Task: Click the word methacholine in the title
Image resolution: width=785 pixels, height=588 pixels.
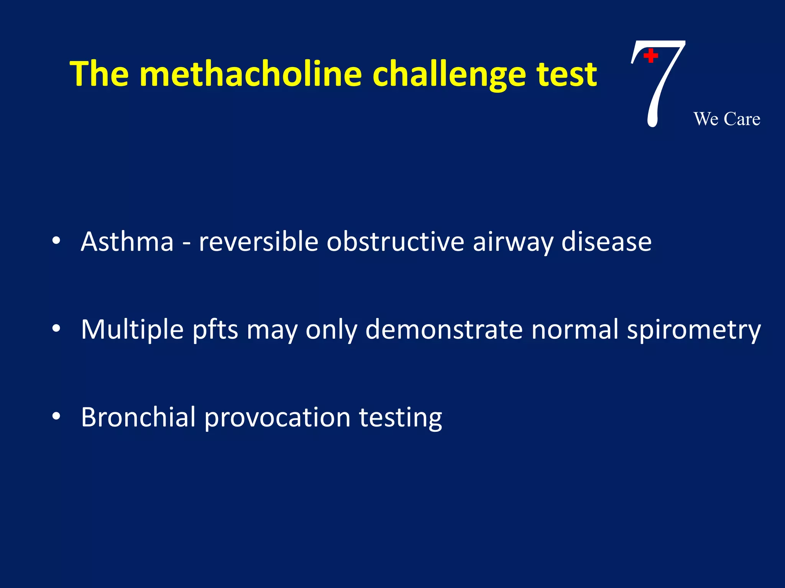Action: [x=251, y=73]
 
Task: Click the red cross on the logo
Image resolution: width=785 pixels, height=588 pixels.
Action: [x=650, y=56]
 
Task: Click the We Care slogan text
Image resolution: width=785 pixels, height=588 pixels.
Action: [x=727, y=119]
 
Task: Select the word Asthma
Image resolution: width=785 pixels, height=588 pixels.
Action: [x=127, y=242]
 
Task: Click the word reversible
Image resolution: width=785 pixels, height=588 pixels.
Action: [x=258, y=242]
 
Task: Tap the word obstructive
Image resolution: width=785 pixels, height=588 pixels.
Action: [x=395, y=242]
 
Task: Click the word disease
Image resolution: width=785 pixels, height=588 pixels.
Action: [x=606, y=242]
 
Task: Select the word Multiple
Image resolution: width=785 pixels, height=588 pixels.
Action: [x=132, y=330]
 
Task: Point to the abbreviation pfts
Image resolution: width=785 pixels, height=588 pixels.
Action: [x=215, y=330]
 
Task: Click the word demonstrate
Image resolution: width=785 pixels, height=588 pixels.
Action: [x=444, y=330]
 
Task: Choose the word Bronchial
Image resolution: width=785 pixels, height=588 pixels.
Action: [x=138, y=417]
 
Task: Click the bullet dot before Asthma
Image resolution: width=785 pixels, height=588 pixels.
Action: [x=56, y=241]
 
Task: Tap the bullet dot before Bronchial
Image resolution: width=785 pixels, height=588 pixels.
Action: [x=56, y=416]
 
